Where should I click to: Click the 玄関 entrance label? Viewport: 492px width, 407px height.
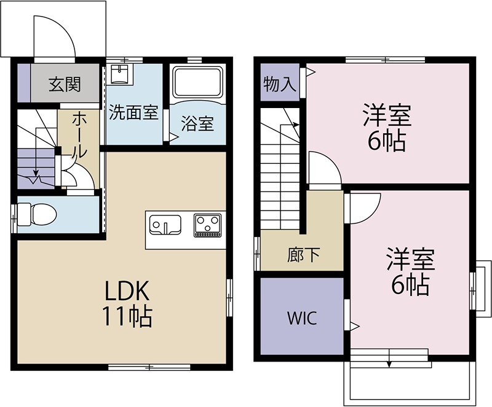click(65, 83)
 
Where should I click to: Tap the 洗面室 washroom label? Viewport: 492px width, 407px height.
click(133, 113)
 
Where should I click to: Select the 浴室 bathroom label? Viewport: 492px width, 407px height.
click(197, 123)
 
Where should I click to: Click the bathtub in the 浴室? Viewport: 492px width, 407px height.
click(198, 82)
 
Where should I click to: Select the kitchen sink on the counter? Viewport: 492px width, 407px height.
click(164, 224)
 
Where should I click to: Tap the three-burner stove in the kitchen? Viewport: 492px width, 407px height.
click(208, 225)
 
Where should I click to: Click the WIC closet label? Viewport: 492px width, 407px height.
click(301, 318)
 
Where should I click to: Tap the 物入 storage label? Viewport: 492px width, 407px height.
click(280, 84)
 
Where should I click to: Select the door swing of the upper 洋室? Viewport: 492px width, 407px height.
click(324, 166)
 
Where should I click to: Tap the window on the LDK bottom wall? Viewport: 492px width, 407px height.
click(149, 367)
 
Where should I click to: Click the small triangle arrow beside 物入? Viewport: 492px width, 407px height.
click(311, 72)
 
